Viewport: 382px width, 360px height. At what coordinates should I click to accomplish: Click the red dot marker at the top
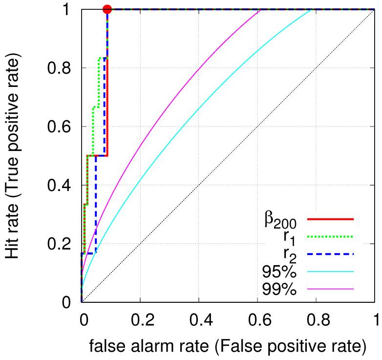point(108,9)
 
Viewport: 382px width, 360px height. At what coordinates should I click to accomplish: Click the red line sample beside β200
point(330,219)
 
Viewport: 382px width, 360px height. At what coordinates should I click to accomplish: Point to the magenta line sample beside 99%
point(330,289)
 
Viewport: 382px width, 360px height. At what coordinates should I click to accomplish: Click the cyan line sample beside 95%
point(330,271)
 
